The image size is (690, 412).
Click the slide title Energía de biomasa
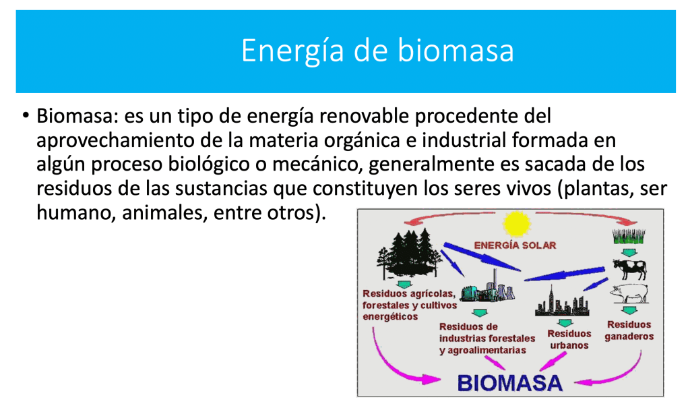[x=377, y=51]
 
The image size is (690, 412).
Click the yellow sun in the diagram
[x=516, y=223]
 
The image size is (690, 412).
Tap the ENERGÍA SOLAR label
[x=515, y=245]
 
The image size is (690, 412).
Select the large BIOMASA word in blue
[x=510, y=383]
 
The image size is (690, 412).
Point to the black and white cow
[x=630, y=268]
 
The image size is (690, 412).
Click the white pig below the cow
[x=629, y=293]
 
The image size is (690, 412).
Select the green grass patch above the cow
[x=629, y=237]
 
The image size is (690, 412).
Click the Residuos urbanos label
[x=569, y=339]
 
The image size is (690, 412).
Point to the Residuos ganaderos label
[x=629, y=330]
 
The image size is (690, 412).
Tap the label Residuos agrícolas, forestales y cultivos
[x=409, y=299]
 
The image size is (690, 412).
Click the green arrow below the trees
[x=404, y=284]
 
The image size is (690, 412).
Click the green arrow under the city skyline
[x=565, y=323]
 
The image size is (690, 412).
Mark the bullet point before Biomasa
[x=26, y=116]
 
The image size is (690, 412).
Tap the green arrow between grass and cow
[x=629, y=253]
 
